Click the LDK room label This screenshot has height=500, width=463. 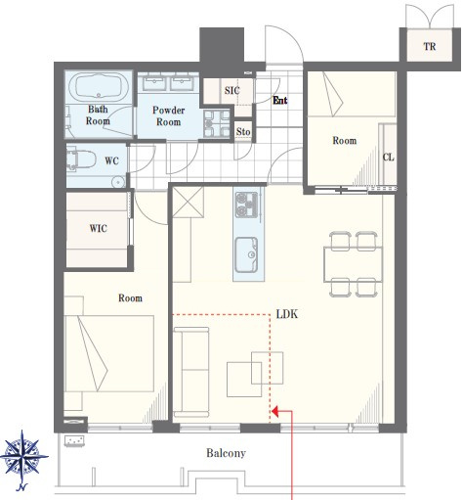click(287, 314)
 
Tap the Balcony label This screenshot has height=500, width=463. click(226, 453)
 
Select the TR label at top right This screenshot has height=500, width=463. click(430, 46)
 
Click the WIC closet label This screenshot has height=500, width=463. click(99, 228)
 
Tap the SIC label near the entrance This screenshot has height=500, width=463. click(232, 90)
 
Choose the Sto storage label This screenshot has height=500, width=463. click(243, 132)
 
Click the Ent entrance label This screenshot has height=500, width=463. click(280, 100)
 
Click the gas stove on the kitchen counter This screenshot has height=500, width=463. click(247, 205)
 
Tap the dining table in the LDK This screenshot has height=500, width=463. click(353, 264)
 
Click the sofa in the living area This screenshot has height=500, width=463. click(191, 372)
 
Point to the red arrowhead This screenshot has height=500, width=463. click(274, 411)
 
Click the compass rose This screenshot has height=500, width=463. click(23, 456)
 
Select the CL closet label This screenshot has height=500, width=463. click(388, 158)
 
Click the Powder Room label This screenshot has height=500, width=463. click(168, 115)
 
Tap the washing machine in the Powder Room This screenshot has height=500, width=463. click(217, 123)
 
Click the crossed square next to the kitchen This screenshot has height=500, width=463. click(188, 203)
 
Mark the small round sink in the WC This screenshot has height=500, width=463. click(118, 182)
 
